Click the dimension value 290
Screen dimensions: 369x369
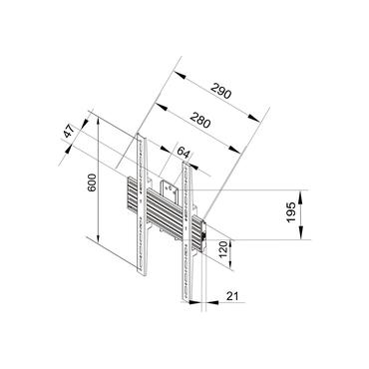(x=220, y=95)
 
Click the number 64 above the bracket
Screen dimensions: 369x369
(x=183, y=152)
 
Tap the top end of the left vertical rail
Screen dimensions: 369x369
(x=142, y=136)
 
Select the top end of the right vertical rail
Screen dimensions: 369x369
(x=185, y=162)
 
